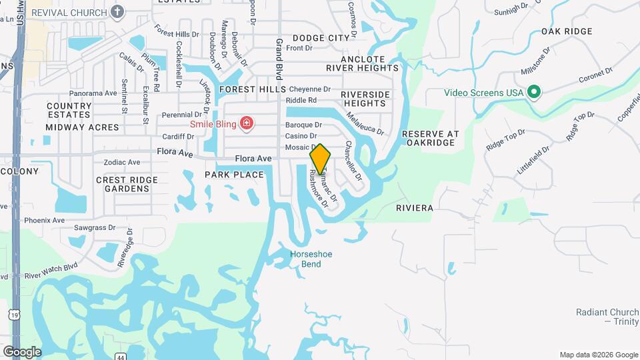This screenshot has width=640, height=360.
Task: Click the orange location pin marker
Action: (321, 159)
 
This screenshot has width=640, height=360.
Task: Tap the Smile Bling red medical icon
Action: (247, 123)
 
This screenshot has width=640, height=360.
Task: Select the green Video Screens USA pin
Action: (533, 92)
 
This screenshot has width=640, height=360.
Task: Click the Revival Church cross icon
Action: (117, 12)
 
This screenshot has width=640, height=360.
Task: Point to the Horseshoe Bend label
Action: (311, 259)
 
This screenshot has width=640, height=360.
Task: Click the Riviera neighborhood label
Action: (414, 208)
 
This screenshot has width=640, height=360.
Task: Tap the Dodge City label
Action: (321, 38)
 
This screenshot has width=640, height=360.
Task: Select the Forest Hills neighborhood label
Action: (253, 89)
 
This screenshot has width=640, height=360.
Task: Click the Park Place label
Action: (234, 175)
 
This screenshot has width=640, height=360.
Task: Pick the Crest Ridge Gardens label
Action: (127, 184)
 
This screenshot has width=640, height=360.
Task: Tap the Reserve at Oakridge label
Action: (431, 138)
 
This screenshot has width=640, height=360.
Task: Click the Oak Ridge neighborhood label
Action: (567, 31)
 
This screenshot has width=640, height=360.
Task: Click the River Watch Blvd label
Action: (51, 269)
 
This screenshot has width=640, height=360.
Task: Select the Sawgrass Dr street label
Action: (95, 227)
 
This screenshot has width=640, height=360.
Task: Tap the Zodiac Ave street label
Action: (121, 162)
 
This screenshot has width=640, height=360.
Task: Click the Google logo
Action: (22, 352)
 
